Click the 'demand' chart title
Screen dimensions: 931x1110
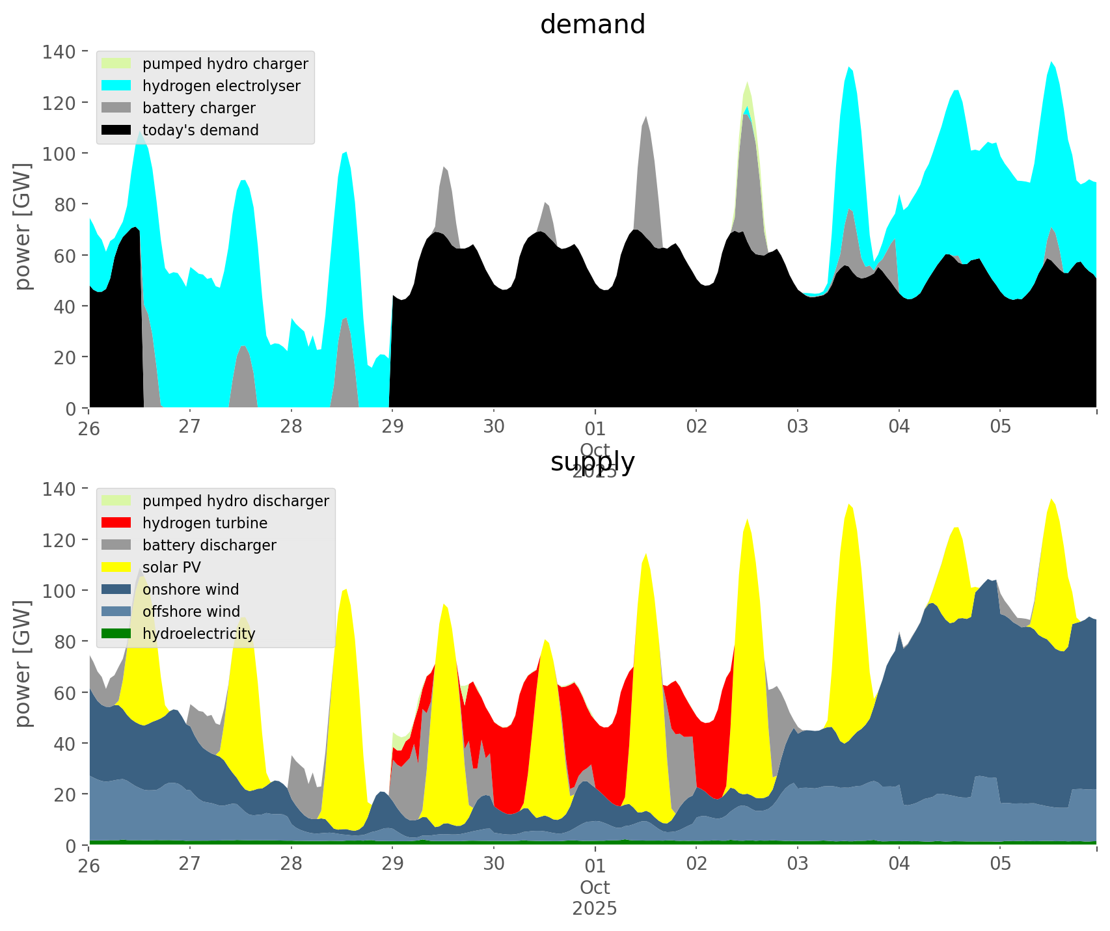click(x=592, y=25)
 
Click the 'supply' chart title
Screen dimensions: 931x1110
click(x=592, y=462)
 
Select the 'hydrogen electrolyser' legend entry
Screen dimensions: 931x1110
click(x=221, y=86)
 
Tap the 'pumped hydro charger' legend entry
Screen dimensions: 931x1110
click(x=225, y=64)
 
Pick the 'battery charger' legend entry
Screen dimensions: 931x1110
click(x=198, y=108)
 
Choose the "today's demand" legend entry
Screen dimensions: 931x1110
click(x=200, y=130)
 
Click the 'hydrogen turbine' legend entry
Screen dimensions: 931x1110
click(x=205, y=523)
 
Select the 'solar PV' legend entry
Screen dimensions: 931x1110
click(x=171, y=567)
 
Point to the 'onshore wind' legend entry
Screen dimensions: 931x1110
click(x=191, y=589)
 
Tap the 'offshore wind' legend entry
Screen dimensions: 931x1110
click(x=191, y=612)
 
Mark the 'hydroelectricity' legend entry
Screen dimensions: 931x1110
click(x=198, y=634)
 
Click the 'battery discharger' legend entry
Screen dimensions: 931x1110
click(x=209, y=545)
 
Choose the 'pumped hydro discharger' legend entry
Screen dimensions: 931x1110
click(x=236, y=501)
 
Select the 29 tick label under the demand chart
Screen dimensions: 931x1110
click(x=392, y=427)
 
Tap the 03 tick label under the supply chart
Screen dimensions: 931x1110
click(x=798, y=864)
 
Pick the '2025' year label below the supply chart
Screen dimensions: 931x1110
click(x=595, y=908)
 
